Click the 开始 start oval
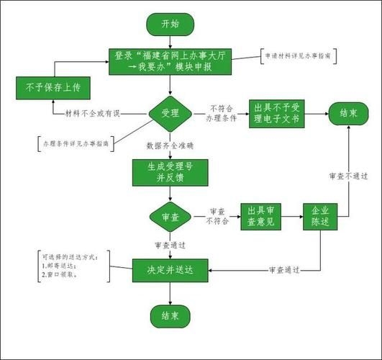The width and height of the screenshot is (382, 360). coord(170,24)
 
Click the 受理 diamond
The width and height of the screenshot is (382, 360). coord(170,113)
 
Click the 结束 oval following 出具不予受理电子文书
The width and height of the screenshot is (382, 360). coord(349,112)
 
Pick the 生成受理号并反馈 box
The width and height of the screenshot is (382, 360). coord(170,171)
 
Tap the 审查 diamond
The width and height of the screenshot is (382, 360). coord(170,216)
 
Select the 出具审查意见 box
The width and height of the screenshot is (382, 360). coord(259,216)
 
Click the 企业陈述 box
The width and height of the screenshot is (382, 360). coord(320,216)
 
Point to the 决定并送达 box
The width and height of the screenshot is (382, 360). coord(170,269)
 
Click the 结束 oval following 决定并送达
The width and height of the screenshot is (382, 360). coord(170,315)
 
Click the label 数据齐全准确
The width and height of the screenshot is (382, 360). coord(170,145)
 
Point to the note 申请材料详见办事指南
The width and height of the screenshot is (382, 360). coord(296,56)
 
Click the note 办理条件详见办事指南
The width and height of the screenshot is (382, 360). coord(76,143)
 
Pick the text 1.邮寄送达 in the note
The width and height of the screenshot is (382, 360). coord(60,265)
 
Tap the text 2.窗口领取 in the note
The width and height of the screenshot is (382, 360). coord(60,274)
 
